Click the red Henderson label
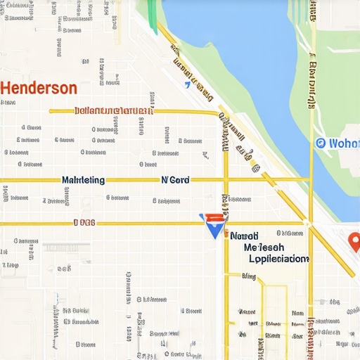pyautogui.click(x=39, y=89)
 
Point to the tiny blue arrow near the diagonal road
pyautogui.click(x=187, y=85)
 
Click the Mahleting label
pyautogui.click(x=83, y=180)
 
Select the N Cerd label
pyautogui.click(x=175, y=180)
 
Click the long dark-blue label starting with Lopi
pyautogui.click(x=278, y=259)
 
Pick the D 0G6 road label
pyautogui.click(x=84, y=223)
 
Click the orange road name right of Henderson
pyautogui.click(x=114, y=111)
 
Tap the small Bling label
pyautogui.click(x=249, y=277)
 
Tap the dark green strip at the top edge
pyautogui.click(x=150, y=8)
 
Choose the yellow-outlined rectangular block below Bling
pyautogui.click(x=275, y=316)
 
